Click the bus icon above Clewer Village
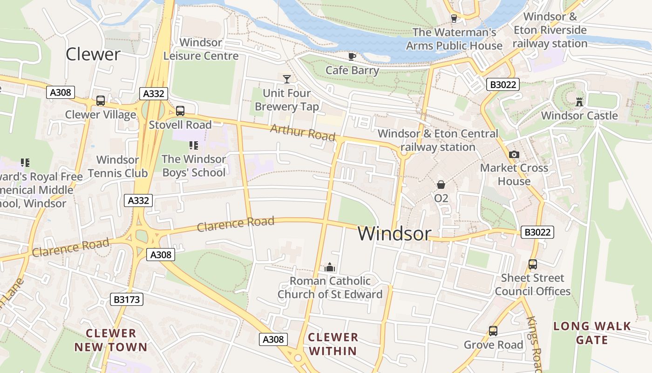pos(101,100)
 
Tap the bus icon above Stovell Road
pos(180,111)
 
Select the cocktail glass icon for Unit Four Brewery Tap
pos(287,79)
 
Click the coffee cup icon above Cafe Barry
pos(352,56)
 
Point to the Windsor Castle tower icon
pos(579,101)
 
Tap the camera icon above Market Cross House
pos(514,154)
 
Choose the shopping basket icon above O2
pos(441,185)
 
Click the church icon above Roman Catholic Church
pos(330,267)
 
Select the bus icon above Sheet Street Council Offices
pos(533,264)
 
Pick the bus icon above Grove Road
pos(493,331)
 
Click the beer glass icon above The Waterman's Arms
pos(454,18)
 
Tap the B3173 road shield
pos(127,299)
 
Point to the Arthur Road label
pos(303,132)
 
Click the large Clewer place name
pos(93,54)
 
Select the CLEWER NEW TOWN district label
pos(111,340)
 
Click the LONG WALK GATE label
pos(592,332)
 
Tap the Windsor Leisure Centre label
pos(201,49)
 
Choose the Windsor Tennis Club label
pos(117,166)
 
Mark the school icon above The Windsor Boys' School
pos(194,145)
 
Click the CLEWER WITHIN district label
pos(333,344)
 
